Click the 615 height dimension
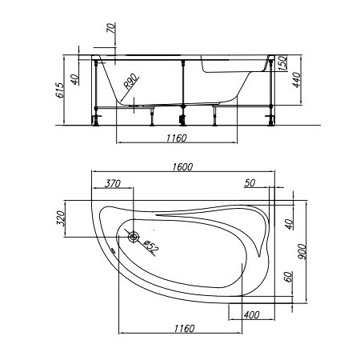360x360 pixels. (61, 90)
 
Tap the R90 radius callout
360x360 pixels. (131, 82)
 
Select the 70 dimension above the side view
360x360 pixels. (111, 28)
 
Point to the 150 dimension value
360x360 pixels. (282, 63)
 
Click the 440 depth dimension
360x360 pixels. (297, 80)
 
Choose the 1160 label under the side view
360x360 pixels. (177, 138)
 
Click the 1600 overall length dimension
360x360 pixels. (182, 167)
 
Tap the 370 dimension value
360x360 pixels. (113, 183)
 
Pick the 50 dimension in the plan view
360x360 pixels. (250, 183)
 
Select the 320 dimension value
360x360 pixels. (61, 218)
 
